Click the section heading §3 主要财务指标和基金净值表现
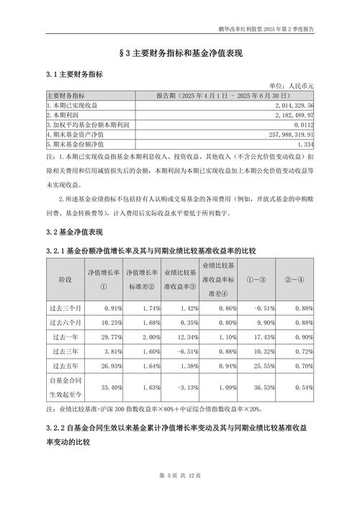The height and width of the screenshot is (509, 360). pos(179,54)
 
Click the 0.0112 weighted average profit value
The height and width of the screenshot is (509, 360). pos(300,124)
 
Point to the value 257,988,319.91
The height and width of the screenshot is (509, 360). pos(290,133)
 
